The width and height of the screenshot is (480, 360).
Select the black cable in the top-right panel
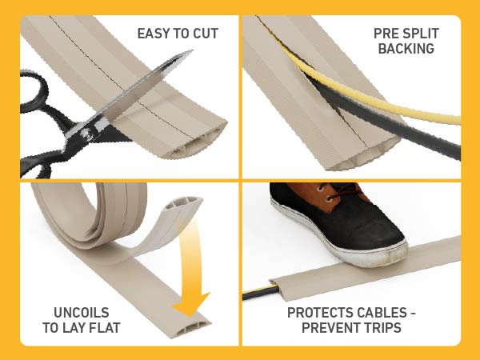pos(400,128)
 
